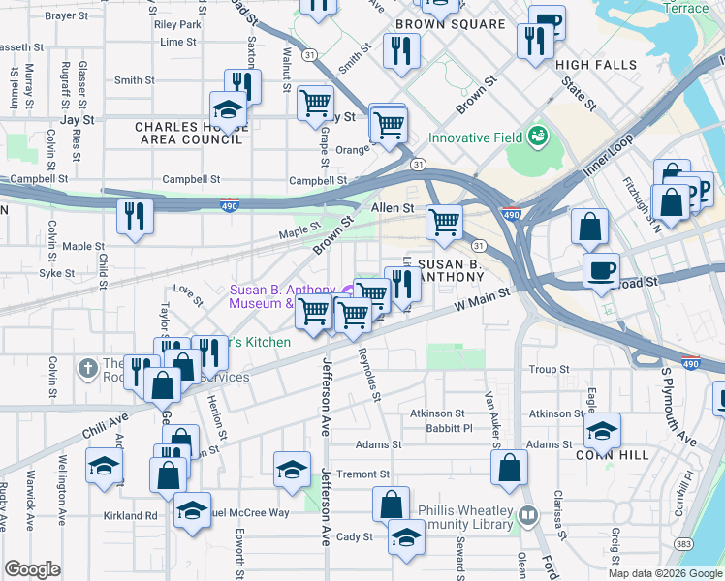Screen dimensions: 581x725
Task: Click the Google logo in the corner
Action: click(x=33, y=569)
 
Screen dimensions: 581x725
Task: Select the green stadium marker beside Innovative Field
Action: click(x=537, y=138)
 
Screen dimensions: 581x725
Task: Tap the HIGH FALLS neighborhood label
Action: click(x=596, y=65)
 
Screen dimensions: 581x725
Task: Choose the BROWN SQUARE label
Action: click(x=450, y=24)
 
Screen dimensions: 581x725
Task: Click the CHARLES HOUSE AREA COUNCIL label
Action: click(x=188, y=133)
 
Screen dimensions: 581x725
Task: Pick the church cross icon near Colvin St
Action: click(x=88, y=367)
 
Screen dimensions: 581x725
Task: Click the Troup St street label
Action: click(x=549, y=370)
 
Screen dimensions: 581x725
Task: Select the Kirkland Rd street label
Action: click(x=137, y=516)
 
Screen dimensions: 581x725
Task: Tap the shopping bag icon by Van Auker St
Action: click(x=509, y=469)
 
